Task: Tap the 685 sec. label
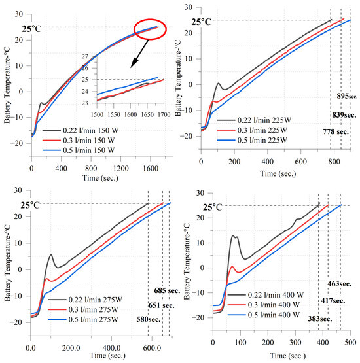pos(159,290)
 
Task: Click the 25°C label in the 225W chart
pos(202,22)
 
